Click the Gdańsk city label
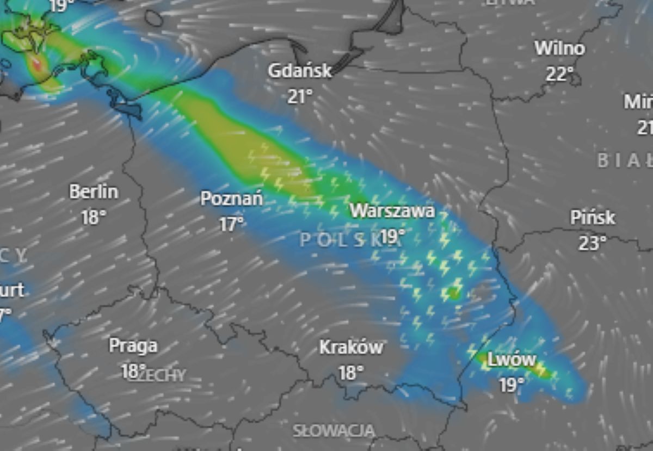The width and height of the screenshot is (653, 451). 300,71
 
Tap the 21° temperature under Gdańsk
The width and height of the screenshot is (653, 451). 300,97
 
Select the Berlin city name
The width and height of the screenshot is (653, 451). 94,191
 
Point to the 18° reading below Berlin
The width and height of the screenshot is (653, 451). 93,218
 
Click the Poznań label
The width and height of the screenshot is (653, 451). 232,198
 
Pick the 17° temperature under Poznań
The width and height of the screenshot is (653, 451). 232,224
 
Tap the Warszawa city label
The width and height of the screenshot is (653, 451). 392,211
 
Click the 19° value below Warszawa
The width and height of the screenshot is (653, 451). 393,236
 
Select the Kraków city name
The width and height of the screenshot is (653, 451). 351,347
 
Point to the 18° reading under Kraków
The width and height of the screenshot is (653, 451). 351,373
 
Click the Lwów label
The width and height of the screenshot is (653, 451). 512,360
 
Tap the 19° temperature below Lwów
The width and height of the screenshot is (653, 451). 512,385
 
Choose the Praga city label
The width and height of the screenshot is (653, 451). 133,345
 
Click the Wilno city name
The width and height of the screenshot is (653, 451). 559,48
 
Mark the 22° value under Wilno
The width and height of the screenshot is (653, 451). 560,73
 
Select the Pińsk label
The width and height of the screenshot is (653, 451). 593,218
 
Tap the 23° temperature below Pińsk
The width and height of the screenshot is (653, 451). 592,243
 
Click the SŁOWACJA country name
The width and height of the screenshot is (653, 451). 334,431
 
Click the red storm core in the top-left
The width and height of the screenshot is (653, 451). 36,64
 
